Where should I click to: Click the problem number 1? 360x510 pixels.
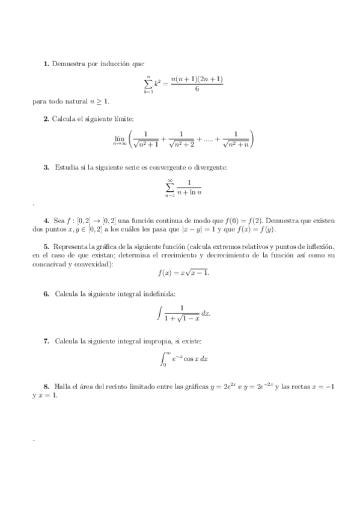click(46, 64)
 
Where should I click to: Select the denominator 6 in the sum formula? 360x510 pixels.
click(197, 90)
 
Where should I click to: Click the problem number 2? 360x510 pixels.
click(46, 118)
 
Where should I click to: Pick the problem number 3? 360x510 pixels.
click(46, 167)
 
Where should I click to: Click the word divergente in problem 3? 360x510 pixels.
click(210, 167)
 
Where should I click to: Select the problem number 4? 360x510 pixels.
click(46, 221)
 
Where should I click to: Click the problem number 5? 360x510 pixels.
click(46, 247)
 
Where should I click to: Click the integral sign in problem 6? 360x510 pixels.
click(159, 313)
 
